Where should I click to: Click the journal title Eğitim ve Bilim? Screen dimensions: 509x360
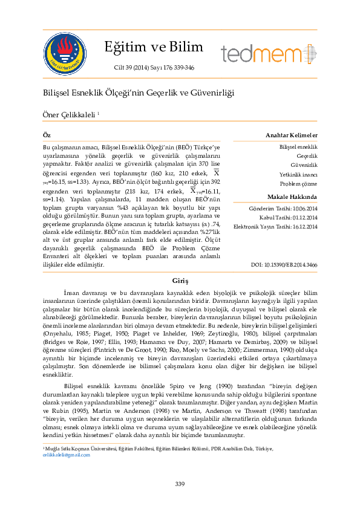(x=149, y=47)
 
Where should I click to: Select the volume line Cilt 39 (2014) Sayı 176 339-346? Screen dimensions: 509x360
(x=149, y=68)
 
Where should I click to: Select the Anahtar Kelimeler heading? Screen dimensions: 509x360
(x=292, y=135)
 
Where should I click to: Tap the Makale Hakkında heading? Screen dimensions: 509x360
(x=292, y=197)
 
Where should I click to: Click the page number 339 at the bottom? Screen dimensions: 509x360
(x=180, y=483)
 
